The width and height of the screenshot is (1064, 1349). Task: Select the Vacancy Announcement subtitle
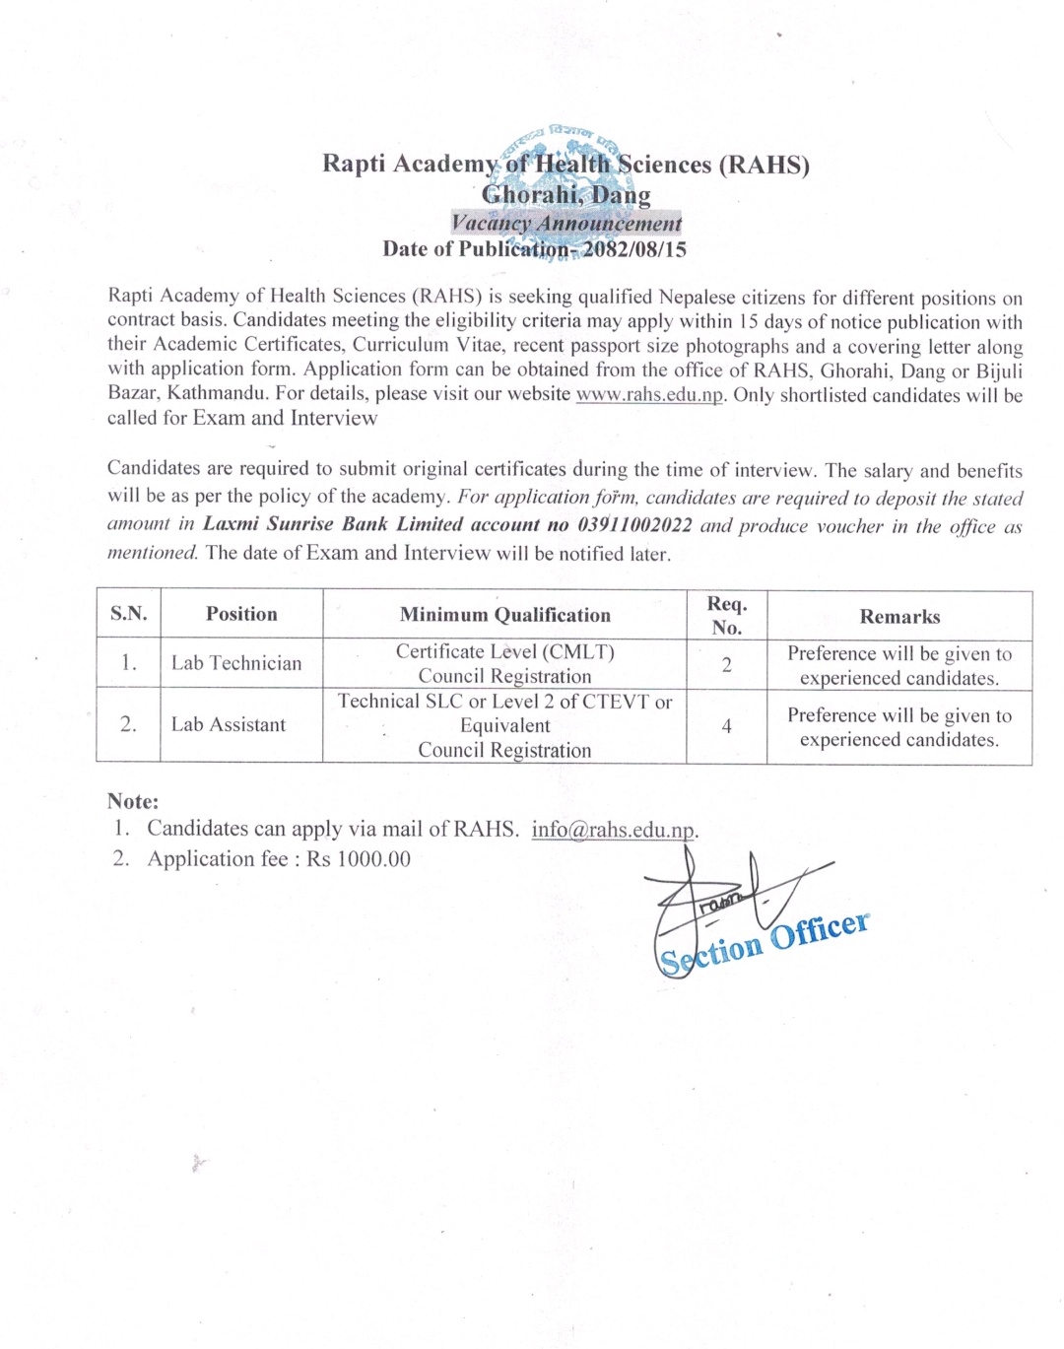pyautogui.click(x=566, y=224)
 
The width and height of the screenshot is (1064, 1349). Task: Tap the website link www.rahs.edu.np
pyautogui.click(x=649, y=395)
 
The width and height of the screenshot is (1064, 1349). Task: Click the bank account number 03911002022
pyautogui.click(x=634, y=524)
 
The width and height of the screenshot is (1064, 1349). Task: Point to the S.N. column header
pyautogui.click(x=129, y=614)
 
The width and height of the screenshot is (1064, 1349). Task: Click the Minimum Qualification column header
pyautogui.click(x=504, y=615)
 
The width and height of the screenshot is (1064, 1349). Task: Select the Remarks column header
pyautogui.click(x=899, y=617)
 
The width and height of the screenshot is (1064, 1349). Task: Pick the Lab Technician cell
pyautogui.click(x=236, y=663)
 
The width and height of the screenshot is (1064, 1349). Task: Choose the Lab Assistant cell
pyautogui.click(x=229, y=725)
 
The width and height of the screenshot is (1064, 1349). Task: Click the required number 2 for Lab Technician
pyautogui.click(x=726, y=665)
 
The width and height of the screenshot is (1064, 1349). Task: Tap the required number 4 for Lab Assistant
pyautogui.click(x=726, y=726)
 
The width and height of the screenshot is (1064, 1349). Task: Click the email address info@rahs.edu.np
pyautogui.click(x=614, y=830)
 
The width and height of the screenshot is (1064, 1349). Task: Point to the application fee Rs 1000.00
pyautogui.click(x=359, y=859)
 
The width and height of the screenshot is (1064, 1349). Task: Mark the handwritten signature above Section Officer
pyautogui.click(x=729, y=892)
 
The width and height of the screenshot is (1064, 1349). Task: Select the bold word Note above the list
pyautogui.click(x=133, y=801)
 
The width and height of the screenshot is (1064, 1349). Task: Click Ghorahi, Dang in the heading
pyautogui.click(x=566, y=195)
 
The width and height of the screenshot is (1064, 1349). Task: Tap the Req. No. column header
pyautogui.click(x=727, y=615)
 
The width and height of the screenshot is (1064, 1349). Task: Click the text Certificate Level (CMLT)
pyautogui.click(x=504, y=651)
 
